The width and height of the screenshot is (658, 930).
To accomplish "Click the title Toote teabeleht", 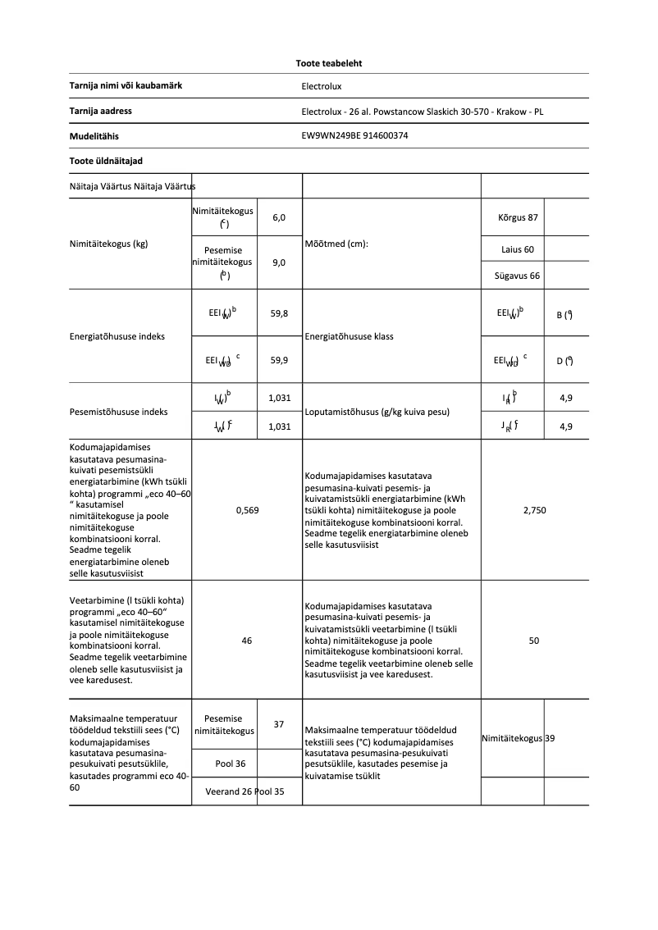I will click(329, 62).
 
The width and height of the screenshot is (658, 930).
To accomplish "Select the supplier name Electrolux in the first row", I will click(321, 86).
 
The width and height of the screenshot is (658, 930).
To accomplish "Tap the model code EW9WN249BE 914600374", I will click(354, 136).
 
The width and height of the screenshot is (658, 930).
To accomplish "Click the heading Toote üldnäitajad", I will click(101, 161).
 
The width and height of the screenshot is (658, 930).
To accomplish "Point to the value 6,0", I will click(279, 217).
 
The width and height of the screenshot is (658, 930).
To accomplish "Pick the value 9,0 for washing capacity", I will click(279, 262).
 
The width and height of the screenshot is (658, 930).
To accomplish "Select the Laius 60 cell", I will click(517, 248).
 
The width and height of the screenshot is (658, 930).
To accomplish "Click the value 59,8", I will click(279, 313).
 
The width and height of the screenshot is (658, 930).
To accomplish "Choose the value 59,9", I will click(279, 359).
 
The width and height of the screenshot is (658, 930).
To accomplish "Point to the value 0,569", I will click(247, 510).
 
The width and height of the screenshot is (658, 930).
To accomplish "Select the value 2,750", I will click(534, 510).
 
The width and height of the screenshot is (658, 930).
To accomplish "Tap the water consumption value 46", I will click(247, 641).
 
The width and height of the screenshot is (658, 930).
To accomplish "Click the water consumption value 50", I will click(534, 641).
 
